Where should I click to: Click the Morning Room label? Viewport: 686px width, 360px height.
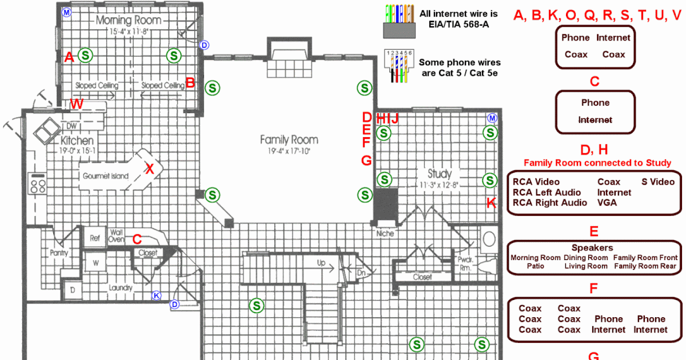coord(128,21)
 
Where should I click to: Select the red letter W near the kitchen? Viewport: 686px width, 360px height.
coord(77,103)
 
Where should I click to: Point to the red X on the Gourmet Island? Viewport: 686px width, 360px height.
coord(150,168)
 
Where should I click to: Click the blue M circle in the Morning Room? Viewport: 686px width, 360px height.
coord(66,12)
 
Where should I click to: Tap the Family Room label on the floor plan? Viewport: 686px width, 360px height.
coord(289,139)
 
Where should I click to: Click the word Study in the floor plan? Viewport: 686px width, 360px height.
coord(439,173)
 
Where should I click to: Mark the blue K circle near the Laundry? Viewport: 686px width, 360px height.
coord(156,295)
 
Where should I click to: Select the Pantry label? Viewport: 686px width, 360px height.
coord(59,253)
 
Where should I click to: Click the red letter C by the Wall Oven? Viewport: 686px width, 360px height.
coord(137,238)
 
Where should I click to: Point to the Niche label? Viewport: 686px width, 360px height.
coord(385,233)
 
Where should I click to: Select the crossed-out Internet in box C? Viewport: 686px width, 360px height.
coord(595,120)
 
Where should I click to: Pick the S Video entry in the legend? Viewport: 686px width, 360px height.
coord(657,182)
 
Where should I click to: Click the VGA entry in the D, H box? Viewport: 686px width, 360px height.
coord(607,202)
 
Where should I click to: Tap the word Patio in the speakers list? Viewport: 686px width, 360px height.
coord(536,266)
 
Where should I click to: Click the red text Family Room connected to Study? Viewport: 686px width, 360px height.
coord(597,163)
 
